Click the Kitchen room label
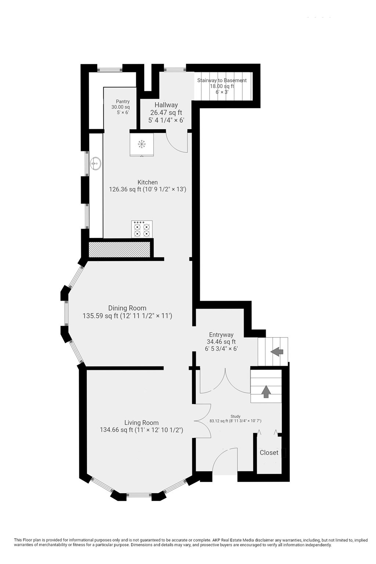click(x=148, y=182)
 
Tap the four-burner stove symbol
click(x=142, y=229)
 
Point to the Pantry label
click(x=123, y=102)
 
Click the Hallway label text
click(x=166, y=105)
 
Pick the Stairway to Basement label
click(x=222, y=80)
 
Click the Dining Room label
click(x=127, y=308)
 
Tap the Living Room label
click(x=141, y=423)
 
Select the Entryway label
click(x=221, y=335)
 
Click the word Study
click(x=235, y=416)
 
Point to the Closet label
click(x=269, y=453)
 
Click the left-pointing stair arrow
click(x=277, y=352)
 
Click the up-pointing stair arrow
click(x=266, y=391)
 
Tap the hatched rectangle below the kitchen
click(x=120, y=249)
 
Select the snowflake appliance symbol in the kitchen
click(x=141, y=144)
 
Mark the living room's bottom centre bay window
click(x=139, y=495)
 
